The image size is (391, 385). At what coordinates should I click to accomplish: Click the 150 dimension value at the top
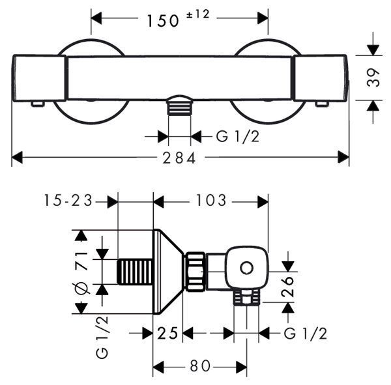point(163,21)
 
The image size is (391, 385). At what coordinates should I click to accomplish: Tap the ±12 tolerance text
point(197,14)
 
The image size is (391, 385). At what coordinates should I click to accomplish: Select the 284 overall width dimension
point(179,158)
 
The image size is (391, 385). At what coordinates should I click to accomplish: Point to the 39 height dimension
point(373,78)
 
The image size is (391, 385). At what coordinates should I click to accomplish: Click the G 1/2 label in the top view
point(238,136)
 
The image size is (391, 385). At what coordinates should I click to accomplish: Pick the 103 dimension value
point(211,200)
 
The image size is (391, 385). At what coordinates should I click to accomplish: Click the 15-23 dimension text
point(68,200)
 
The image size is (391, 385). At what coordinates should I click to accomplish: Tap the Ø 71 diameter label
point(81,273)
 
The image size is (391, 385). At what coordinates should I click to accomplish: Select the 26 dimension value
point(287,286)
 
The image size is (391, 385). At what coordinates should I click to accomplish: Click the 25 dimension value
point(167,333)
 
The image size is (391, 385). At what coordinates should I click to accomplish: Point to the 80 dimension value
point(200,366)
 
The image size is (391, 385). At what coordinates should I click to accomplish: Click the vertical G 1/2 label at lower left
point(102,337)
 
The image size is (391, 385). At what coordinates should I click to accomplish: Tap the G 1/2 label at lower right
point(305,333)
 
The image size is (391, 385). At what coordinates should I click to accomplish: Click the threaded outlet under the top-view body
point(180,106)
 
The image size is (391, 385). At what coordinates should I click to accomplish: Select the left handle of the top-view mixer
point(39,78)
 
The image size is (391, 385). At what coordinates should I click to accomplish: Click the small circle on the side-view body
point(246,268)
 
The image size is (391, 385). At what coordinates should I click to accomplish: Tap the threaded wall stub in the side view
point(135,272)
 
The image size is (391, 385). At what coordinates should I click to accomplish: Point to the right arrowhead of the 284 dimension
point(343,157)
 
